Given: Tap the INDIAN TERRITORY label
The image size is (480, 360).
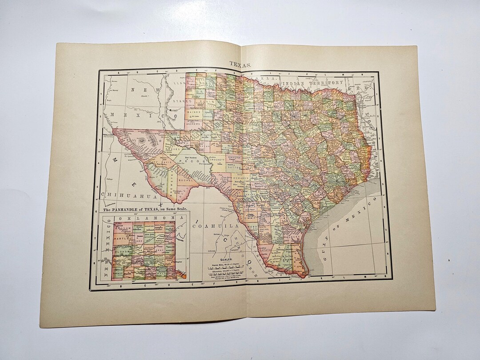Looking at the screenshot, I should click(x=314, y=83).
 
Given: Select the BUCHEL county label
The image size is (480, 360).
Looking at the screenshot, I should click(x=186, y=180).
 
